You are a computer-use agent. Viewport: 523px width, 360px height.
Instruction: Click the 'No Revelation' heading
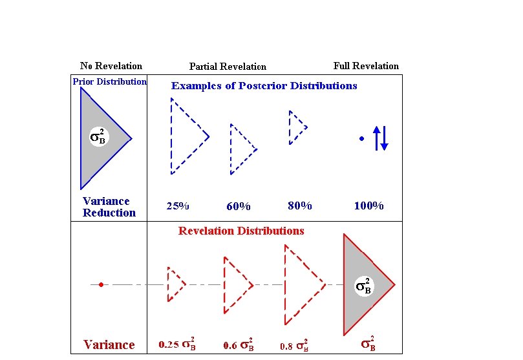click(111, 66)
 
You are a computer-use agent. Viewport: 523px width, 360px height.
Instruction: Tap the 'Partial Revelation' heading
click(228, 67)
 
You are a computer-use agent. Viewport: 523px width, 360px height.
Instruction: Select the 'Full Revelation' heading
click(366, 66)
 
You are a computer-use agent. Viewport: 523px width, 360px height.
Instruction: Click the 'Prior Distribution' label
click(109, 82)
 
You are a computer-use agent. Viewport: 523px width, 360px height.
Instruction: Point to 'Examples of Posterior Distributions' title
click(264, 86)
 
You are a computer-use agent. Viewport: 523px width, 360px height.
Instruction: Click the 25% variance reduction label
click(178, 207)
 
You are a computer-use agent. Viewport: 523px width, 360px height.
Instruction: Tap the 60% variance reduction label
click(238, 207)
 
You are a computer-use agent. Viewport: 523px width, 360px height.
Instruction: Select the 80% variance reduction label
click(299, 206)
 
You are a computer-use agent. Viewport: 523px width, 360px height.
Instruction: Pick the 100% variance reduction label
click(369, 206)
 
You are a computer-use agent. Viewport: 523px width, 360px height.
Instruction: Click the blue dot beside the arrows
click(361, 138)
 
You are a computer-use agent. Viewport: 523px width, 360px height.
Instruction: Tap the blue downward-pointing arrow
click(385, 140)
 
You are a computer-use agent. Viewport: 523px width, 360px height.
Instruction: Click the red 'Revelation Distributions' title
click(241, 231)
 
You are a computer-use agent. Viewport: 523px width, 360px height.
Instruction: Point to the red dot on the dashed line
click(101, 284)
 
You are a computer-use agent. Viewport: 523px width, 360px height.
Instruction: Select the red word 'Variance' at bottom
click(109, 345)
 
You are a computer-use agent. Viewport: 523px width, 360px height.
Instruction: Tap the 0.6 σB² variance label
click(239, 344)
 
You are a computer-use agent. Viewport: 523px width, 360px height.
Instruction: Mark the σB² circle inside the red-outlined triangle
click(364, 286)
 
